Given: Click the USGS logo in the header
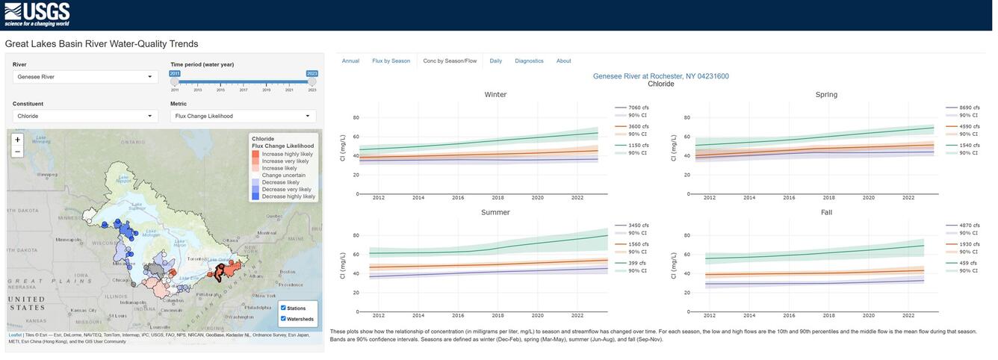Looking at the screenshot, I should pos(37,13).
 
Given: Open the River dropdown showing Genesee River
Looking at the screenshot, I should pos(85,77).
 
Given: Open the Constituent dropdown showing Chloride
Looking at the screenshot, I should pos(85,117).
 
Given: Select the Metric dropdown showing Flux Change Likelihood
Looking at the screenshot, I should pos(243,117).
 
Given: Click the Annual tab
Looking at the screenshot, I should pos(350,61).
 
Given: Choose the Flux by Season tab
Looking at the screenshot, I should pos(391,61).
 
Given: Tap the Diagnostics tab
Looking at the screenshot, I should pos(529,61).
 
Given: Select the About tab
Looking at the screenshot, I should pos(563,61).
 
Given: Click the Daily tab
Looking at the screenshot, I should pos(495,61).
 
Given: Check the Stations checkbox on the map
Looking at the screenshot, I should pos(284,308).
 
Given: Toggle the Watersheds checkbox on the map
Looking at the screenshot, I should pos(284,319).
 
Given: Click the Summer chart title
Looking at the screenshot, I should pos(495,213).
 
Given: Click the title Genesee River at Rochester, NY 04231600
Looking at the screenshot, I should pos(660,76).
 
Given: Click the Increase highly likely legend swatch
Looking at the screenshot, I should pos(256,154).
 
